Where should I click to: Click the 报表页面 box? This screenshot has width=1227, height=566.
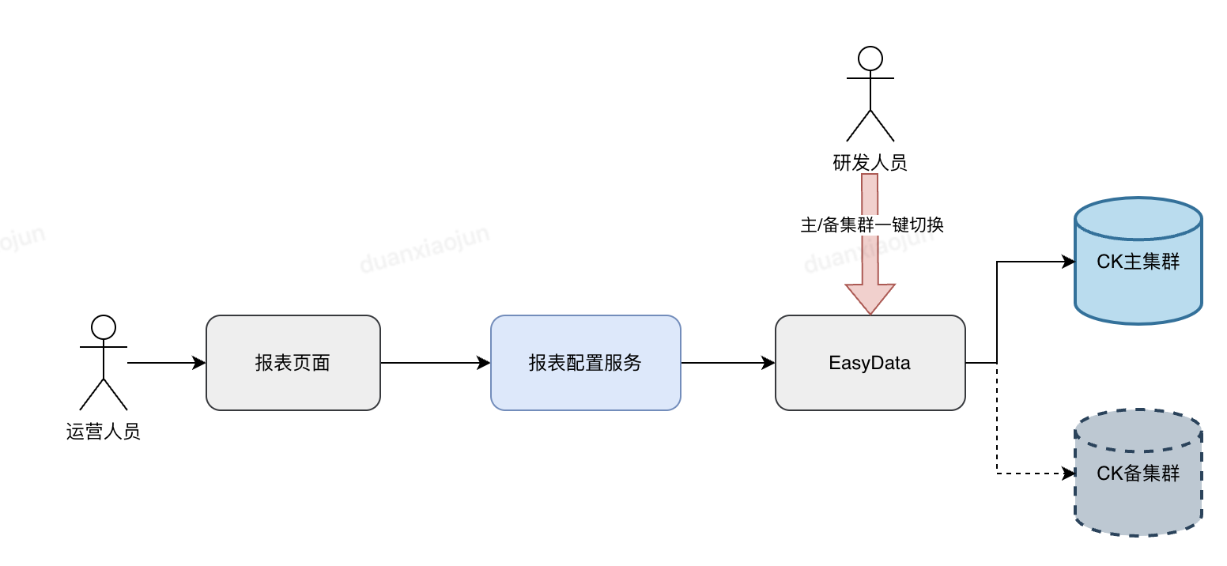click(x=293, y=363)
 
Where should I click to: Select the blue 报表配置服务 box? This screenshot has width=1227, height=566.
click(x=585, y=363)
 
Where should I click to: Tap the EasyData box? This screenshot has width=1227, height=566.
click(x=870, y=363)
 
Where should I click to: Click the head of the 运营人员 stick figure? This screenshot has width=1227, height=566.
click(x=104, y=326)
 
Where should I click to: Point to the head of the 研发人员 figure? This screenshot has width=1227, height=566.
click(x=870, y=58)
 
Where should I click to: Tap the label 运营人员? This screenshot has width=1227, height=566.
click(x=104, y=432)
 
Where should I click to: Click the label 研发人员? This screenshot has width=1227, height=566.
click(x=870, y=163)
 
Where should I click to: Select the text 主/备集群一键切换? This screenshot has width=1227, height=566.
click(x=872, y=225)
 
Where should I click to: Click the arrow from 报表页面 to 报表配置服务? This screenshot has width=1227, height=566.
click(x=435, y=363)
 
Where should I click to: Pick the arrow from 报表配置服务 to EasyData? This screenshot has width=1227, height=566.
click(x=727, y=363)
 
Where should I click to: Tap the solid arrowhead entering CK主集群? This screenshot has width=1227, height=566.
click(x=1068, y=262)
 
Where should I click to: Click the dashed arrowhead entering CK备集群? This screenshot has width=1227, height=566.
click(x=1068, y=474)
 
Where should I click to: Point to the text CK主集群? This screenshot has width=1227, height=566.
click(x=1138, y=262)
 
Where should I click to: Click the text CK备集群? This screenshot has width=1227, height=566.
click(x=1138, y=474)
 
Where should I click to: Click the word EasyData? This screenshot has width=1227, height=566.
click(x=870, y=363)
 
